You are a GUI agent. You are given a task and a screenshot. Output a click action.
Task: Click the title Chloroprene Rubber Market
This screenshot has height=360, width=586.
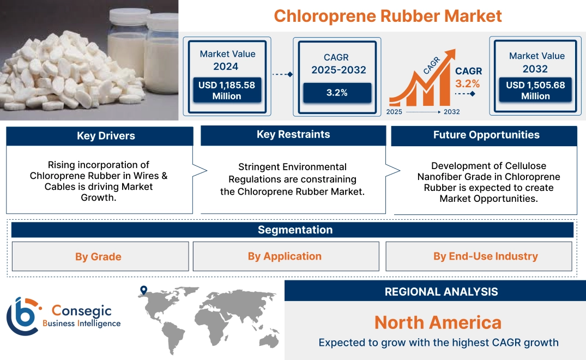(x=387, y=15)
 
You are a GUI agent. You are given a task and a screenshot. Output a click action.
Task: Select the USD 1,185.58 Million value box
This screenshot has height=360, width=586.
(x=226, y=91)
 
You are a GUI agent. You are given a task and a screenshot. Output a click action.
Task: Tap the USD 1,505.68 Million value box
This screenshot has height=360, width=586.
(x=535, y=91)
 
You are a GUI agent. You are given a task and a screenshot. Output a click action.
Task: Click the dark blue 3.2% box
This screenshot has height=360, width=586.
(x=337, y=93)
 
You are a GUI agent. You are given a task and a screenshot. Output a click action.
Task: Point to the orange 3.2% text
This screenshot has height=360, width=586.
(x=468, y=83)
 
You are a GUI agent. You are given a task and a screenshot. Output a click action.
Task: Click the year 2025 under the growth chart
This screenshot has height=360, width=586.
(x=395, y=112)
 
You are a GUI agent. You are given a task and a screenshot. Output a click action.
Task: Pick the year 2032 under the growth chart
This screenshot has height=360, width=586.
(x=451, y=112)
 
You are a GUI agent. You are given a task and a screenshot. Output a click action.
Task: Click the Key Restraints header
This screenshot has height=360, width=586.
(x=293, y=135)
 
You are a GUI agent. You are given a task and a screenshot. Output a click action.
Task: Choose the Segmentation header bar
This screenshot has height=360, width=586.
(x=295, y=230)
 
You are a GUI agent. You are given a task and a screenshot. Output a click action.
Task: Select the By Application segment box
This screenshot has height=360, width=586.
(x=285, y=256)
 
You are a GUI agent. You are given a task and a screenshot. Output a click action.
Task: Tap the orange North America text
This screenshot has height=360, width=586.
(x=438, y=322)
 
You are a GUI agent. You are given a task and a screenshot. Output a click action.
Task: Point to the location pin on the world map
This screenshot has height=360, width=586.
(x=143, y=291)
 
